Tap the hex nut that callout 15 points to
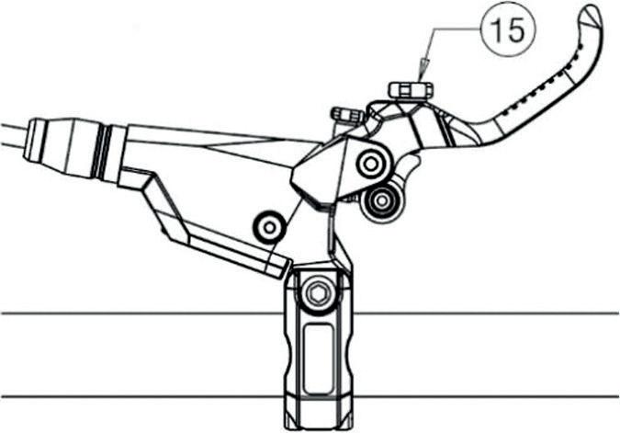point(411,89)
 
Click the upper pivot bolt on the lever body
point(371,164)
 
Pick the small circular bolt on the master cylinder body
point(269,224)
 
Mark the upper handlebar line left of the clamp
point(138,313)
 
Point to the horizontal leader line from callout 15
point(450,28)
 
